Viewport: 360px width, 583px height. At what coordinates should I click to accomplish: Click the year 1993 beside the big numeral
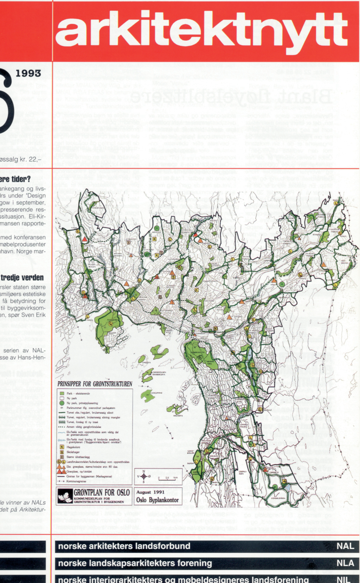(x=28, y=73)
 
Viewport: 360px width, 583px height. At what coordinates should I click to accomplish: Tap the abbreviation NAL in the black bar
(x=345, y=546)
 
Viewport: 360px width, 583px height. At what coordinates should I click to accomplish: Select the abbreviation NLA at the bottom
(x=345, y=563)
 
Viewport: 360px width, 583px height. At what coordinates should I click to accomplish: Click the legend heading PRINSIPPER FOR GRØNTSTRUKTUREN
(x=95, y=384)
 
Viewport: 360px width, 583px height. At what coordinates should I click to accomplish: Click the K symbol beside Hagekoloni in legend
(x=62, y=447)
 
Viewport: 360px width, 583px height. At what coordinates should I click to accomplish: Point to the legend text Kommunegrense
(x=76, y=481)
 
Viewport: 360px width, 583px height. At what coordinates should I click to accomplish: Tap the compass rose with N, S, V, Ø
(x=144, y=476)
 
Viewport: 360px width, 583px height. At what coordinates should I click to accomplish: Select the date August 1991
(x=150, y=492)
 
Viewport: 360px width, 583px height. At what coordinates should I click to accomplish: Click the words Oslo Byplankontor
(x=157, y=500)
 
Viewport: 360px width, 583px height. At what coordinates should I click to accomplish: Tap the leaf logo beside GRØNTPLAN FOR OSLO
(x=65, y=496)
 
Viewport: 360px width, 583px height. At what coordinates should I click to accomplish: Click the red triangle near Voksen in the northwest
(x=85, y=239)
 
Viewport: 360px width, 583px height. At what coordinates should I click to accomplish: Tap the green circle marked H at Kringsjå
(x=156, y=228)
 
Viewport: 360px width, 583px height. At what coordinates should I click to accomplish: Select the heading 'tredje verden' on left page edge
(x=22, y=278)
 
